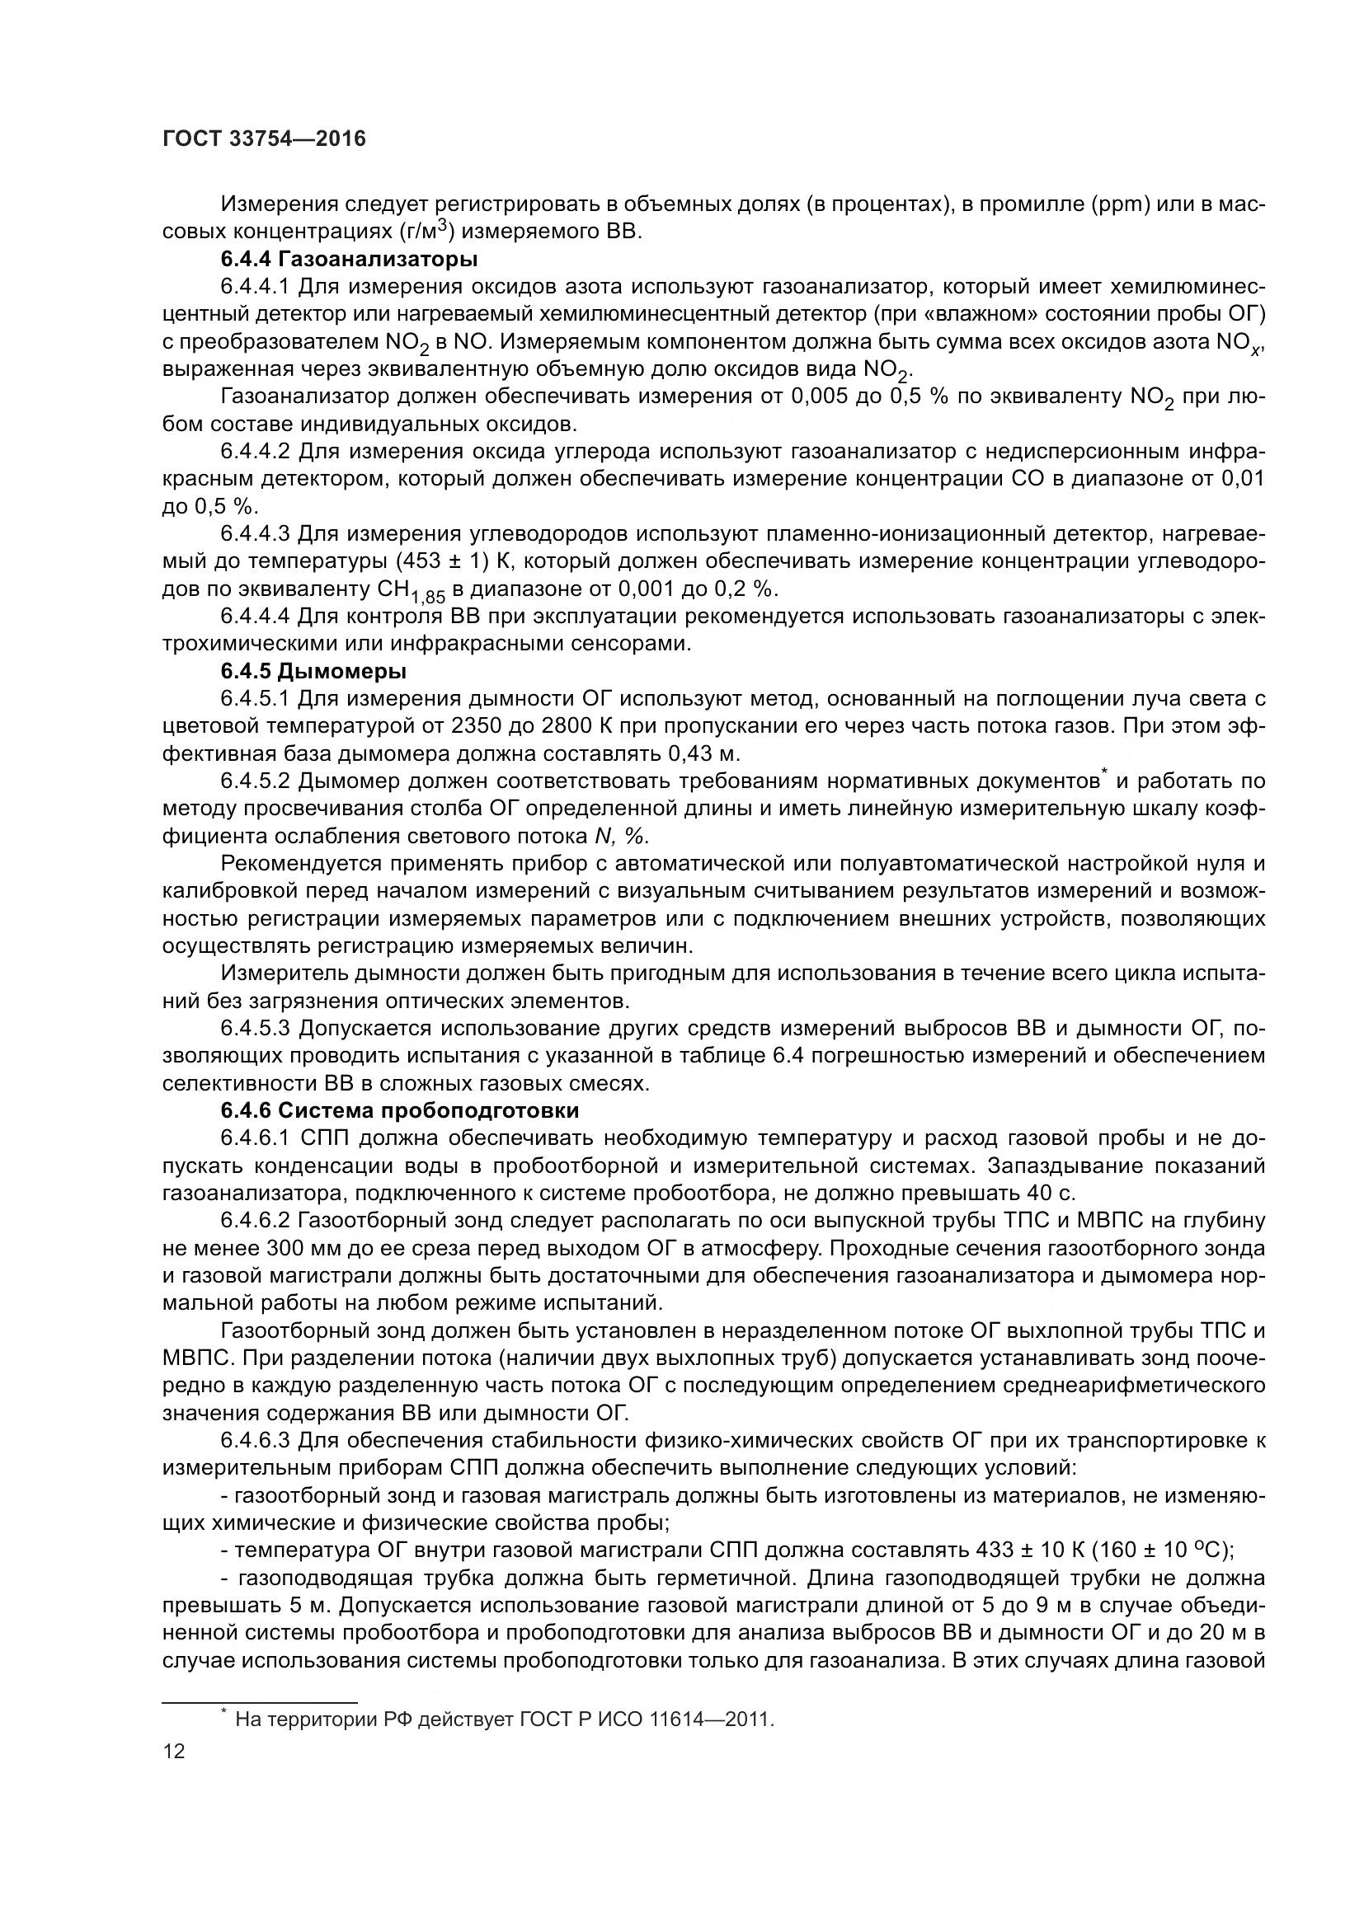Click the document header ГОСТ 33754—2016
264,139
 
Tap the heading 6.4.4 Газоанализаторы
349,259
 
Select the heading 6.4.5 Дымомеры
313,671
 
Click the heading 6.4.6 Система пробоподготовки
400,1110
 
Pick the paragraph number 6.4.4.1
255,286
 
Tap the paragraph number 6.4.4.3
255,533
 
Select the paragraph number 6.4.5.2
255,781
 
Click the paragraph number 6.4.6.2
255,1220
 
